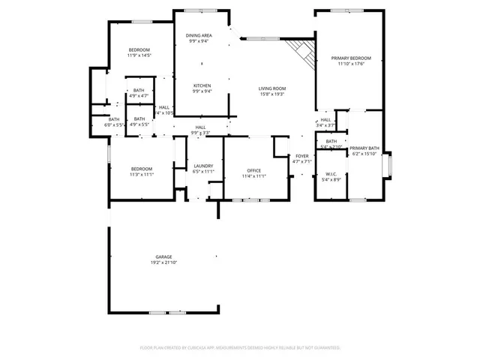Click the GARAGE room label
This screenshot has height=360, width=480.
[x=163, y=256]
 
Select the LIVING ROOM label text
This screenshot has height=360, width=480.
[x=272, y=88]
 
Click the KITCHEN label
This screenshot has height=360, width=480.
[x=202, y=85]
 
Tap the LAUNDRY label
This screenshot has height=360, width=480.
[x=203, y=166]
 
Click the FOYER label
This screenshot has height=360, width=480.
[x=301, y=155]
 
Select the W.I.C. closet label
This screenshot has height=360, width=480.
[x=331, y=173]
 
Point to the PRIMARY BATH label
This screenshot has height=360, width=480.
[x=365, y=148]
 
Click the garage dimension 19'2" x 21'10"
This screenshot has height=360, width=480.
[x=163, y=262]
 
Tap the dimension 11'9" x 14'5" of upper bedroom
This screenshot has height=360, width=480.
[x=139, y=55]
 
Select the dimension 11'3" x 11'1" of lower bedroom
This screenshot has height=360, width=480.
[x=141, y=175]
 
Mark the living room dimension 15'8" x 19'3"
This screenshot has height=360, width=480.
[x=272, y=94]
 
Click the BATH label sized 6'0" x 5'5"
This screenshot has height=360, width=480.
[x=113, y=119]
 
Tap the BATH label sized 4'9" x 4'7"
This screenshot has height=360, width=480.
[x=139, y=91]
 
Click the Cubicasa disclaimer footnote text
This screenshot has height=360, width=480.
[x=240, y=348]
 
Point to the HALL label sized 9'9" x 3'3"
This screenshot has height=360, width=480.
[x=200, y=127]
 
